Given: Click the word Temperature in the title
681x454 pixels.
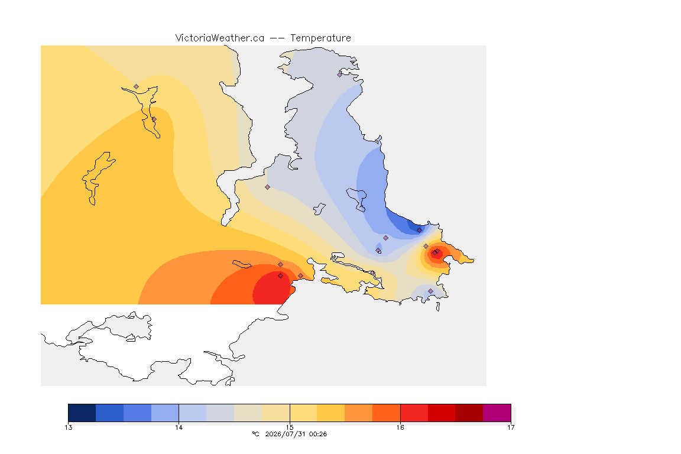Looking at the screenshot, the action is [320, 38].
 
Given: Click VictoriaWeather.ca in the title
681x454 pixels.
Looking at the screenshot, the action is [220, 38].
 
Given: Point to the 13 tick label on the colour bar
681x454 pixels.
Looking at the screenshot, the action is [68, 427].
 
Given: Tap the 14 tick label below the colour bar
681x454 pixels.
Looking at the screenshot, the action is [179, 427].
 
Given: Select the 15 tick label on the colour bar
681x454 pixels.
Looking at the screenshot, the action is [290, 427].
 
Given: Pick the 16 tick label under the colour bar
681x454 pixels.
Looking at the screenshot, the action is [400, 427].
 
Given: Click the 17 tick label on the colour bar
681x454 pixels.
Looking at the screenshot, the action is [511, 427].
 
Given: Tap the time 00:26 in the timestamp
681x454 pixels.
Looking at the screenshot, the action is [317, 434].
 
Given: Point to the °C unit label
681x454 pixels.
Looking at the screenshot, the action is [255, 434].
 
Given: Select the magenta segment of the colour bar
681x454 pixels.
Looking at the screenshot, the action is [497, 413].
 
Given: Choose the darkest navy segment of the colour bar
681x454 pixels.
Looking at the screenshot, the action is [82, 413].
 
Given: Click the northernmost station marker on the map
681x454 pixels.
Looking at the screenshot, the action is [340, 74].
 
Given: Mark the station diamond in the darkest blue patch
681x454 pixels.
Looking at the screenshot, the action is [419, 231].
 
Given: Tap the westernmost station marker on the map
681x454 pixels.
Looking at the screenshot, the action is [137, 87].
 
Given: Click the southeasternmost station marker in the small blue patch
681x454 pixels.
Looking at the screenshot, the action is [430, 291].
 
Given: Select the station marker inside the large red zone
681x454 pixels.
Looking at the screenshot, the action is [281, 276].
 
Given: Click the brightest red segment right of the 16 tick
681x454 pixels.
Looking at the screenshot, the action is [414, 413].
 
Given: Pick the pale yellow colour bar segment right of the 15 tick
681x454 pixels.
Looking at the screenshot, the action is [304, 413].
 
